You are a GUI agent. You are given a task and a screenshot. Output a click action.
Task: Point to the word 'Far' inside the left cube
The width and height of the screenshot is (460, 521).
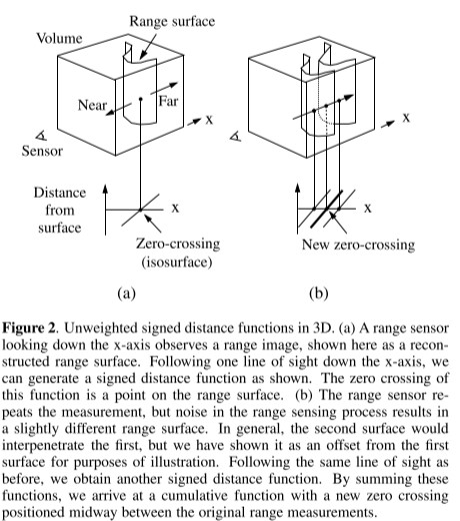pos(169,102)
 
